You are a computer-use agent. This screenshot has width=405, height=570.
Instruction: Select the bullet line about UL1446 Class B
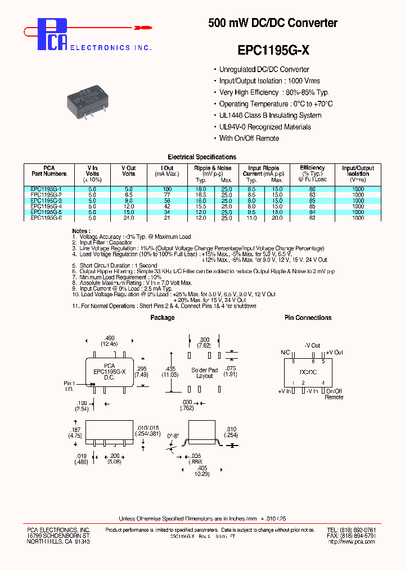point(270,115)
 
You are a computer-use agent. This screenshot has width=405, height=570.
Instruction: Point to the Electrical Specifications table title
point(202,157)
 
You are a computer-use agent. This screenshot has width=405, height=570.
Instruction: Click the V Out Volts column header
point(129,171)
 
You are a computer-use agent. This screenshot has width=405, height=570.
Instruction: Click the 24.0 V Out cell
point(129,217)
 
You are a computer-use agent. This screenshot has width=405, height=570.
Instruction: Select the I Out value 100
point(167,189)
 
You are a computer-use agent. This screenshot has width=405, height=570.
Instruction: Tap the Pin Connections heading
point(308,318)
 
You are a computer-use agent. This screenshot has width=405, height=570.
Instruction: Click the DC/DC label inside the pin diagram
point(308,372)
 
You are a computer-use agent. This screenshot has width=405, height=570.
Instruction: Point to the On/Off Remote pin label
point(334,394)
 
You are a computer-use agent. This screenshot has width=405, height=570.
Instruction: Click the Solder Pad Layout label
point(204,373)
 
